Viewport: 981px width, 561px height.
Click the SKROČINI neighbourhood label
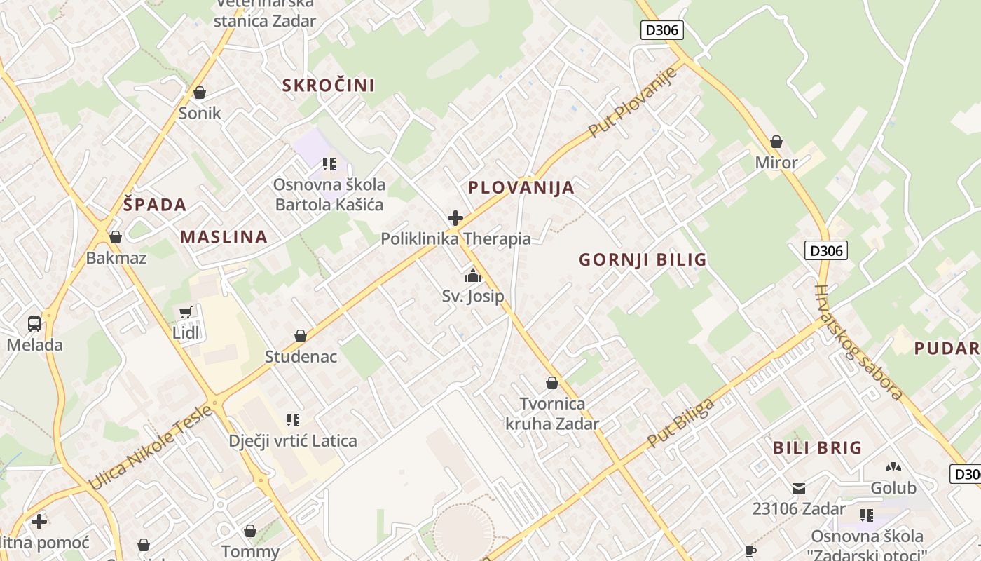[x=328, y=86]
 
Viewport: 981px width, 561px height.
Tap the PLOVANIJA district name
[x=521, y=187]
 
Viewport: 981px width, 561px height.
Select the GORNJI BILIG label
[x=643, y=260]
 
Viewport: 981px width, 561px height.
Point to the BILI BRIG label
[x=817, y=447]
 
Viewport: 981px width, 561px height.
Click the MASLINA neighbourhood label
[x=224, y=237]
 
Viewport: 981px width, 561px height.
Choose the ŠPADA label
[x=155, y=205]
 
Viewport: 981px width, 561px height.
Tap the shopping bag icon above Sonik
[x=200, y=93]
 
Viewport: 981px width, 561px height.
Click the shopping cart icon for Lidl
[x=186, y=313]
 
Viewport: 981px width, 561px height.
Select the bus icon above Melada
[x=34, y=324]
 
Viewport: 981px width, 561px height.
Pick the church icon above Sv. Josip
[x=473, y=276]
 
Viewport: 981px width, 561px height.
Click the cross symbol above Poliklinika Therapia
[x=455, y=218]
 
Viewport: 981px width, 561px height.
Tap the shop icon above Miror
[x=776, y=142]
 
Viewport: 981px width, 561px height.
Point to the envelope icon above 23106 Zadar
[x=799, y=489]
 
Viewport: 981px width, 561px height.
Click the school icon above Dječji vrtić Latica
[x=293, y=420]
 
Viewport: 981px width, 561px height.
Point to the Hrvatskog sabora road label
[x=858, y=342]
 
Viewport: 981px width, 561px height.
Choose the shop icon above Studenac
[x=301, y=336]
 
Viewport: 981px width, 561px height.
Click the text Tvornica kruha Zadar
[x=552, y=414]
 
